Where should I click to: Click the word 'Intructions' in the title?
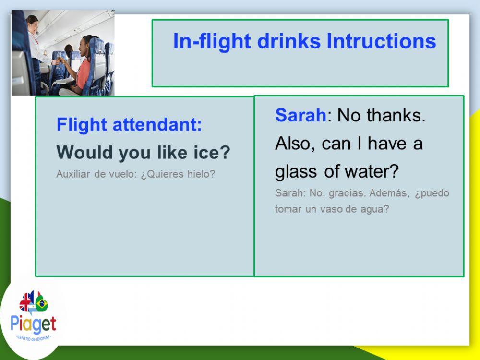(x=381, y=41)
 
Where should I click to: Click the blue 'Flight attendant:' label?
(x=129, y=125)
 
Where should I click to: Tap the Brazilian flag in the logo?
(x=41, y=303)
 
